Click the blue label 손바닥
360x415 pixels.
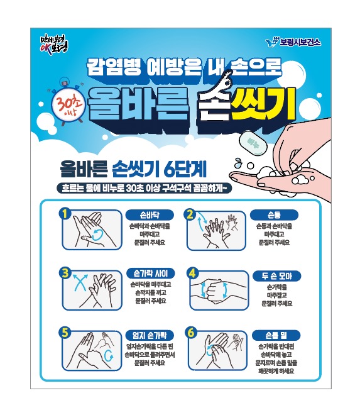[x=146, y=213]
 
